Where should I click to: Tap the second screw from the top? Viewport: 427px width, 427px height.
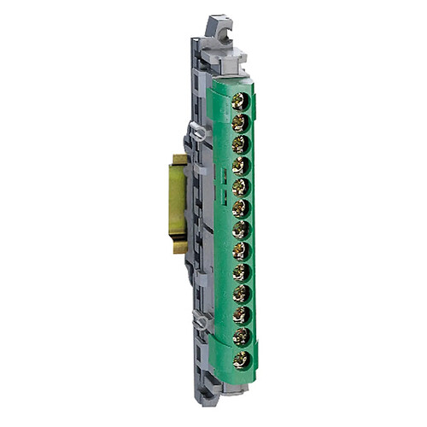240,122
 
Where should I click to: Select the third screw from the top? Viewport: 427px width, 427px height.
240,143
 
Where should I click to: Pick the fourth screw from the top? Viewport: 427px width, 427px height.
240,165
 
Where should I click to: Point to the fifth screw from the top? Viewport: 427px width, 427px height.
240,186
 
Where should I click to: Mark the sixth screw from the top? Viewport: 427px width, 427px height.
240,208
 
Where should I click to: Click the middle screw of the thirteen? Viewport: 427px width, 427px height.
240,229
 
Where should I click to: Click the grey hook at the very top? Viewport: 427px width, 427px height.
221,30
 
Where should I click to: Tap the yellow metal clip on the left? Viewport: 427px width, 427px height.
179,203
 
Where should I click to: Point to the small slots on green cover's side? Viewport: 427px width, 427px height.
221,199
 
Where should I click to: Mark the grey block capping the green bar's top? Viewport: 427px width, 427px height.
229,63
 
